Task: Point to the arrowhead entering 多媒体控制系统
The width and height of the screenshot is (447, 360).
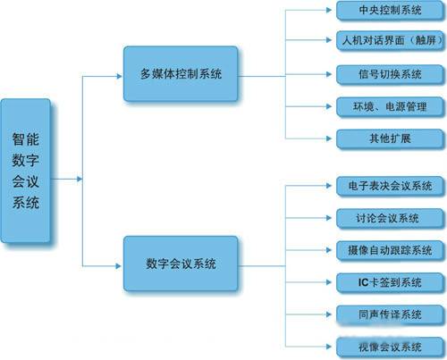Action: click(120, 75)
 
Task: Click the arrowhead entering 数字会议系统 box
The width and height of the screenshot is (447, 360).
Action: click(120, 264)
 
